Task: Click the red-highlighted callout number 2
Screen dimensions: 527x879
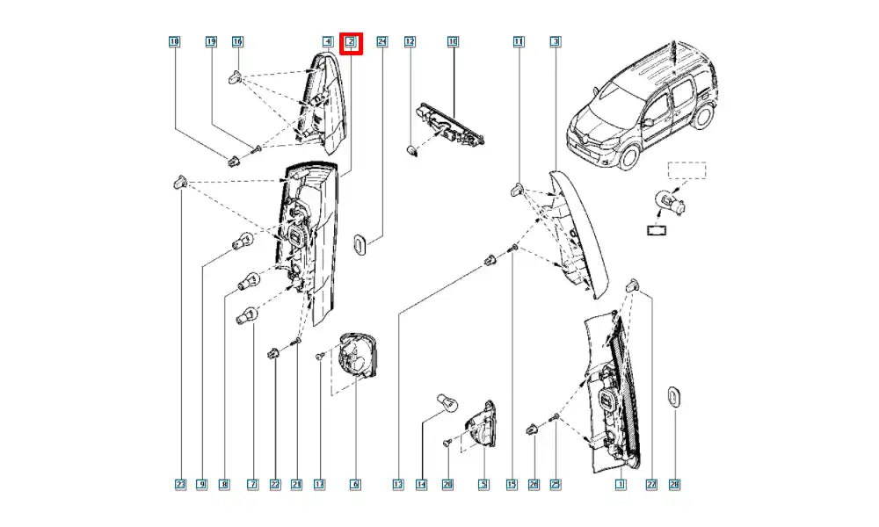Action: pos(351,41)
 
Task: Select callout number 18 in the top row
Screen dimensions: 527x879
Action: pos(174,41)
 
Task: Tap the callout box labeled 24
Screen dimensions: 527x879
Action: pos(381,41)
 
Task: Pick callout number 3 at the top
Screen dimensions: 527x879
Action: pos(556,41)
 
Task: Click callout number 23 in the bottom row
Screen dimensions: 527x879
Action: pos(180,484)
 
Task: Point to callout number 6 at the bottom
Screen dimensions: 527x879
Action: pos(355,484)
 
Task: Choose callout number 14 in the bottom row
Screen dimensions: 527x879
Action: pos(421,484)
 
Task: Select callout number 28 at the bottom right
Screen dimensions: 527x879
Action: pos(674,484)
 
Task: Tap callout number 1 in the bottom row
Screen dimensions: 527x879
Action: pos(620,484)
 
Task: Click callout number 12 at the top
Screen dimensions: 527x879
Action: pos(410,41)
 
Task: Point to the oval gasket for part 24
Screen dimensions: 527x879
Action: pos(360,244)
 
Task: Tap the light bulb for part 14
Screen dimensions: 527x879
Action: pos(446,404)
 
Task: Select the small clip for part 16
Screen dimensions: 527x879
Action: pos(236,77)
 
